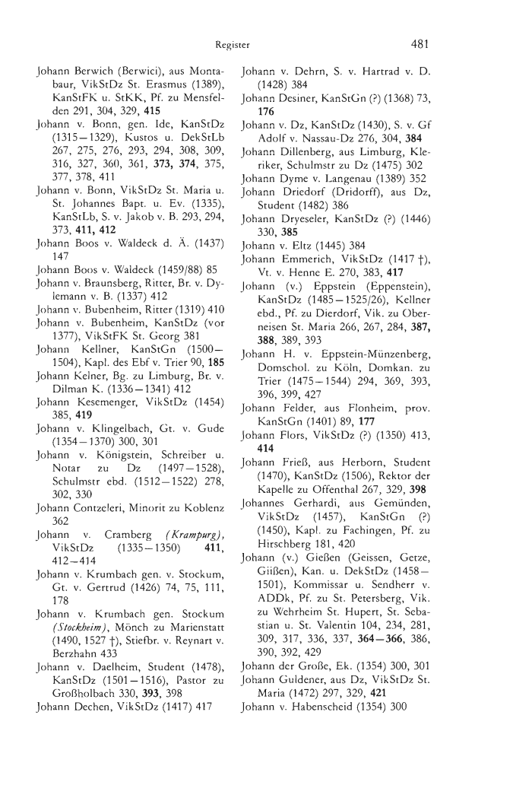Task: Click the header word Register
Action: (233, 45)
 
